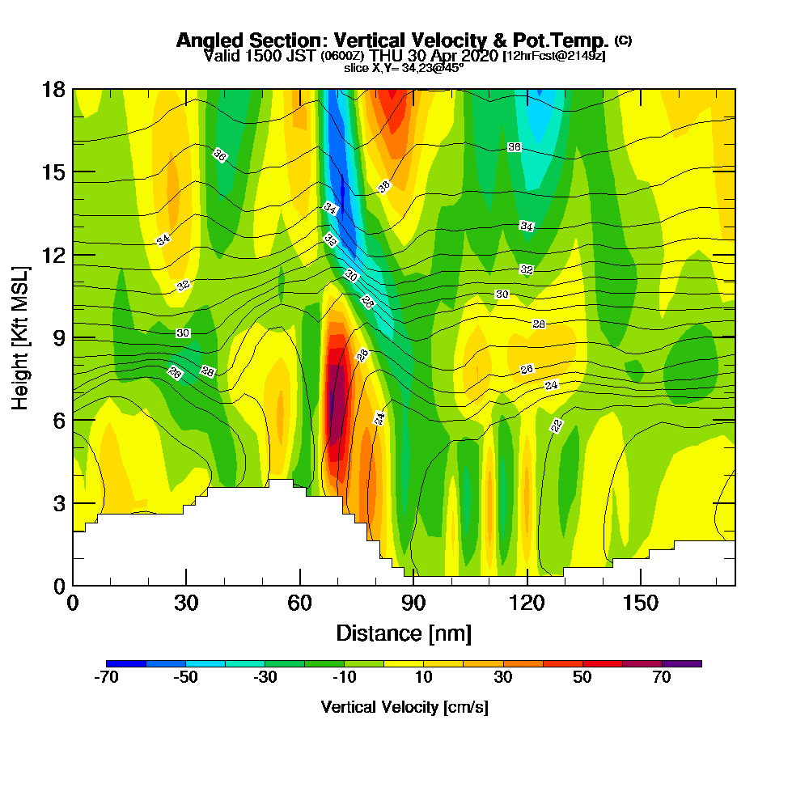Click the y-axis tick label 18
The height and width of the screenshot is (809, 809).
[53, 89]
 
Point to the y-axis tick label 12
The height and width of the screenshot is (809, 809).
[53, 255]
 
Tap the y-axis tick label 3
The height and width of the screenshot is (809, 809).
[59, 503]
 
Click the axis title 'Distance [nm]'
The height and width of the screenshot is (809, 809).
[404, 632]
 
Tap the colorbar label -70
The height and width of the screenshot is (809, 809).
[107, 678]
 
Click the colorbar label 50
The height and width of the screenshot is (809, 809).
[582, 678]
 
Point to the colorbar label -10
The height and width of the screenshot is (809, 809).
[345, 678]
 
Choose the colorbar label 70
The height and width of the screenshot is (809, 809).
[662, 678]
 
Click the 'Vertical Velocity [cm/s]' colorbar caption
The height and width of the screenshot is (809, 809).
[404, 707]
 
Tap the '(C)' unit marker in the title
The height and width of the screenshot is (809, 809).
[623, 40]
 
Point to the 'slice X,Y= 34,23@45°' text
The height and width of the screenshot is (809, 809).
[404, 68]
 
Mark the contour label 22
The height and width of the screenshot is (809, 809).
[557, 426]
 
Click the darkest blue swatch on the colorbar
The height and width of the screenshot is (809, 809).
[126, 663]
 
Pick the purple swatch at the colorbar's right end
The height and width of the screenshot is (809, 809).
[682, 663]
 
